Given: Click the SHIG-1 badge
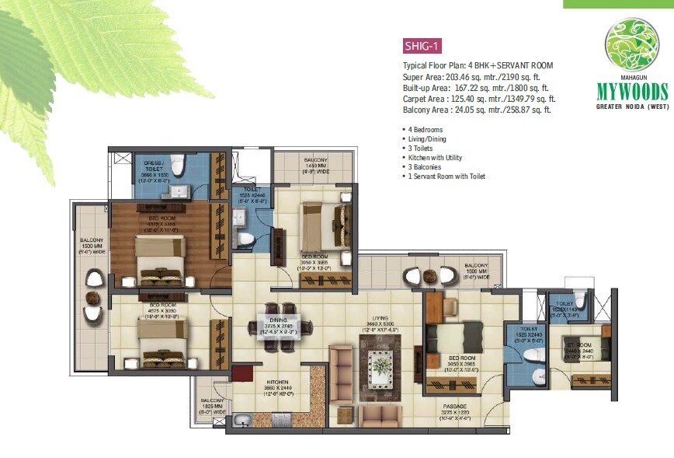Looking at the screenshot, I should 422,45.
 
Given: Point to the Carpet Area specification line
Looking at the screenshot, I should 478,99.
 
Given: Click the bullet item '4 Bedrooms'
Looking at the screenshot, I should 426,127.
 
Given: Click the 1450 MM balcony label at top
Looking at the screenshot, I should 314,164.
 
